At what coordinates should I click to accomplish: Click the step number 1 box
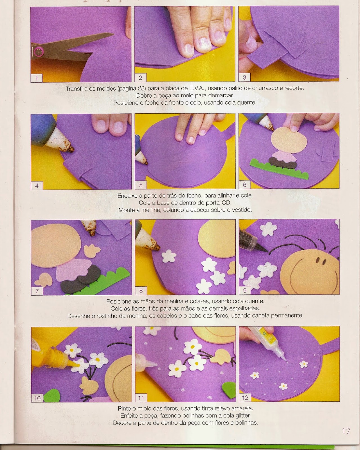click(37, 78)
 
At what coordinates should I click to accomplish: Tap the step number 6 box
click(244, 185)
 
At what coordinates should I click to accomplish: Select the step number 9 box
click(245, 291)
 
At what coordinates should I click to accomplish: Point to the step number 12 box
click(245, 397)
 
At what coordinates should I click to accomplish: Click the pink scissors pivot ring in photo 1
click(39, 51)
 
